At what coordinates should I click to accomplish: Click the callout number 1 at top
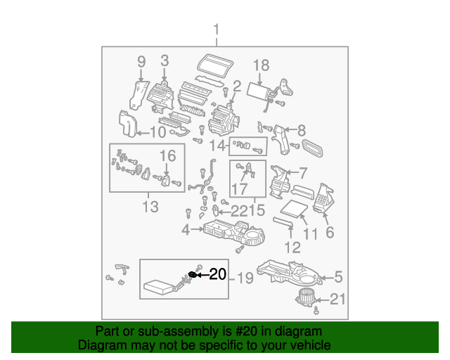tap(217, 30)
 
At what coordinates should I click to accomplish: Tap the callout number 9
tap(141, 61)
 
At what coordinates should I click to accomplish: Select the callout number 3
tap(165, 61)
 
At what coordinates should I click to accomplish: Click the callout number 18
tap(260, 65)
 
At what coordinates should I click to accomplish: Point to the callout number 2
tap(237, 86)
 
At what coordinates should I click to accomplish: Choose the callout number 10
tap(157, 131)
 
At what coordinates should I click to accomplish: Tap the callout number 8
tap(301, 130)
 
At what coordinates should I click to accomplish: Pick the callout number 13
tap(150, 207)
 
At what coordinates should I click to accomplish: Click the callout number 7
tap(303, 172)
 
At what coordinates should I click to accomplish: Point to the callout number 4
tap(186, 229)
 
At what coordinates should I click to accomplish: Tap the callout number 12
tap(292, 247)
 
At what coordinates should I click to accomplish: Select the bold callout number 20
tap(218, 274)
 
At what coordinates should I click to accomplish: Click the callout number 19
tap(243, 278)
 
